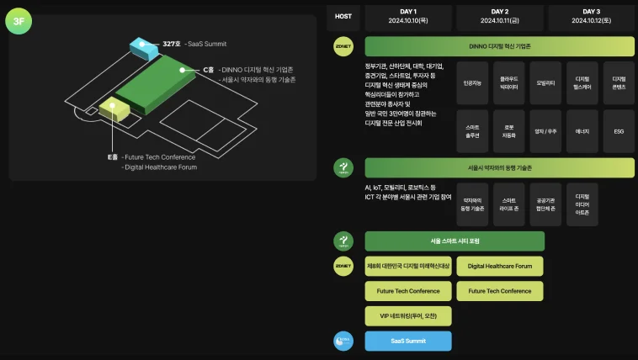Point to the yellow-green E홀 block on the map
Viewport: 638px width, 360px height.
click(x=113, y=108)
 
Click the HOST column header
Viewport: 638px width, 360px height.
click(x=343, y=16)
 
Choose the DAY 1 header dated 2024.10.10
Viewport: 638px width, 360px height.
click(x=408, y=16)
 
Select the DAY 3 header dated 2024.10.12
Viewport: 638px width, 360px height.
click(x=590, y=16)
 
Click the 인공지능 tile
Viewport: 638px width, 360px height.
click(x=472, y=84)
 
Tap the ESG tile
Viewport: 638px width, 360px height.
click(x=619, y=132)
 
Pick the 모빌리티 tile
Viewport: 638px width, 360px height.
click(x=545, y=84)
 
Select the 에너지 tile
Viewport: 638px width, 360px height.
click(x=582, y=132)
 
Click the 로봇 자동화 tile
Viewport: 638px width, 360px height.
click(x=508, y=132)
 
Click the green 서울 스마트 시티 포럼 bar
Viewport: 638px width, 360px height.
click(x=455, y=241)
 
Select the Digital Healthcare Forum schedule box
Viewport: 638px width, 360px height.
click(x=500, y=267)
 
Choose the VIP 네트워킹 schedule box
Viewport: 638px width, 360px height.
click(x=408, y=316)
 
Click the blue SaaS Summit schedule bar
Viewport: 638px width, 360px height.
click(x=408, y=341)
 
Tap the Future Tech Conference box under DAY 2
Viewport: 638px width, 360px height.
click(x=500, y=291)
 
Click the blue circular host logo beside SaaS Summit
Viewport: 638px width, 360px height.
click(x=343, y=341)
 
